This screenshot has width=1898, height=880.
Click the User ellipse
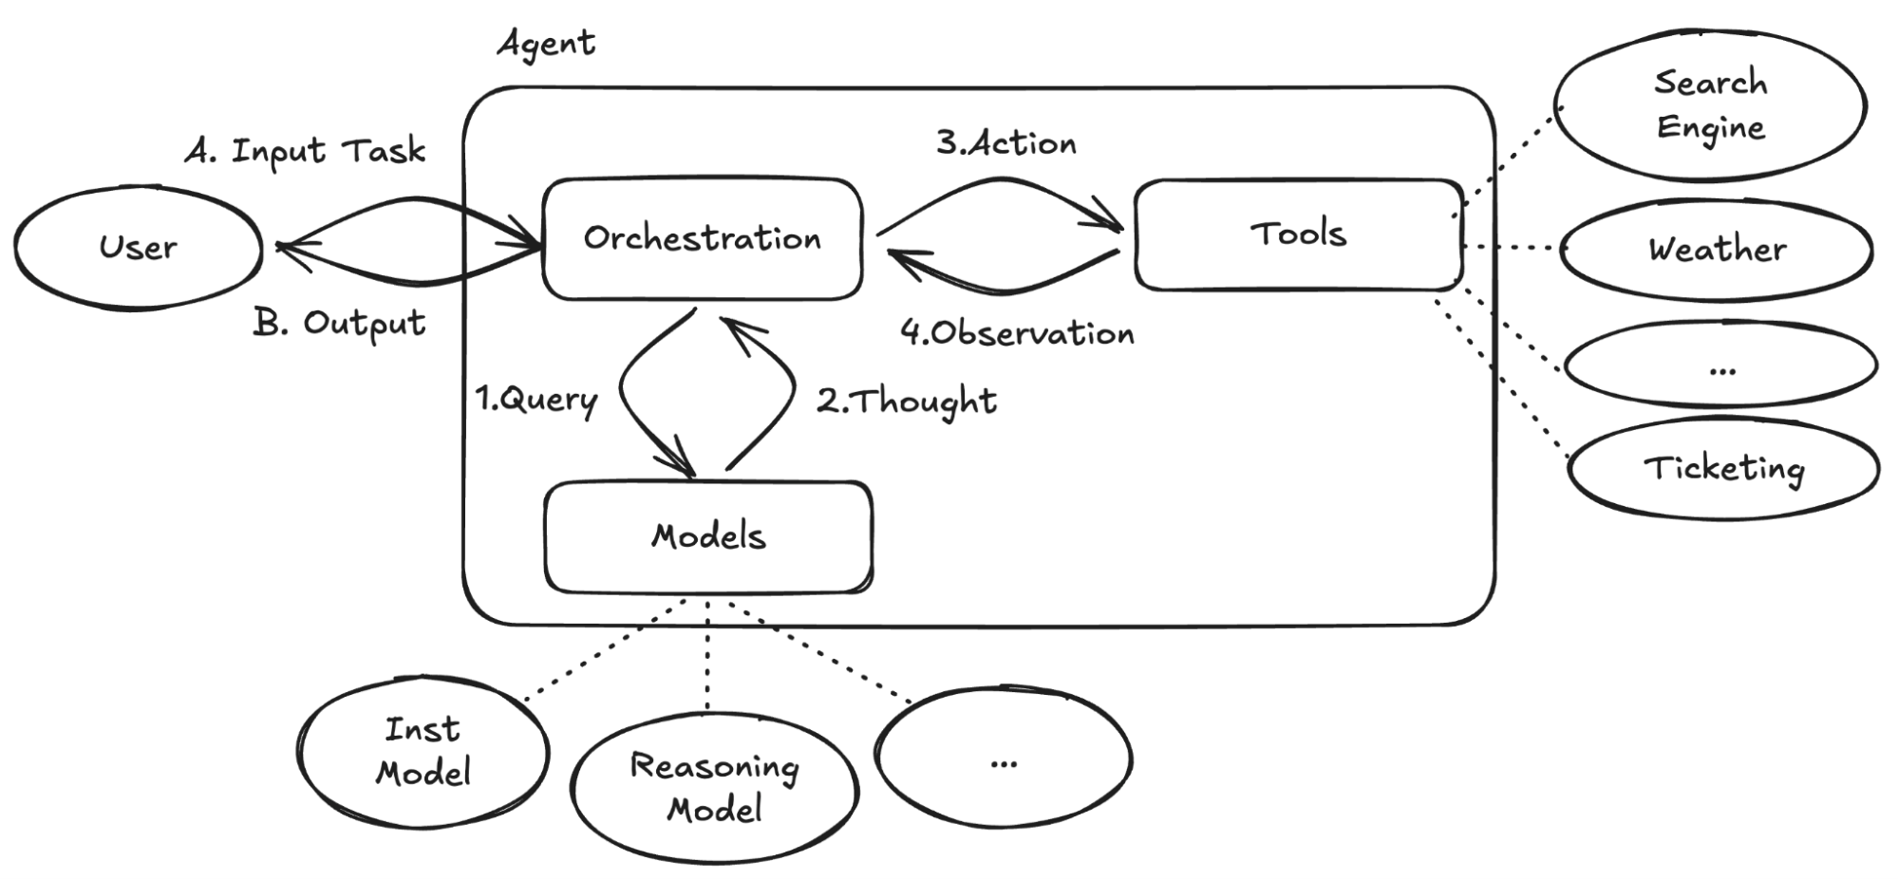point(138,248)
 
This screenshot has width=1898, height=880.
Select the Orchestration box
point(703,238)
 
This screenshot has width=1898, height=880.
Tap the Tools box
point(1298,234)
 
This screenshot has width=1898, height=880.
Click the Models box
point(708,536)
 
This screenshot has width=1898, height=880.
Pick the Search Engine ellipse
point(1710,105)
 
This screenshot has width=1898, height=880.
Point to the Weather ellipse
point(1717,250)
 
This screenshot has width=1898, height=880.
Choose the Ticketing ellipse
point(1723,468)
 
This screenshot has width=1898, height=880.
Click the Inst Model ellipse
point(423,751)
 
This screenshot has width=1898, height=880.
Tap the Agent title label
point(547,44)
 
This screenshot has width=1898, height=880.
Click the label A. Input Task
point(305,151)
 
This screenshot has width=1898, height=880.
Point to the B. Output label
point(339,324)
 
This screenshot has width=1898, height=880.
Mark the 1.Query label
point(536,400)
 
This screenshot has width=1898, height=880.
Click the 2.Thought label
point(907,402)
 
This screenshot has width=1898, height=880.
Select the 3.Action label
point(1006,143)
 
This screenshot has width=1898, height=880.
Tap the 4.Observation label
point(1017,333)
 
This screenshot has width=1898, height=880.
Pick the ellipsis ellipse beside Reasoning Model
point(1004,759)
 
